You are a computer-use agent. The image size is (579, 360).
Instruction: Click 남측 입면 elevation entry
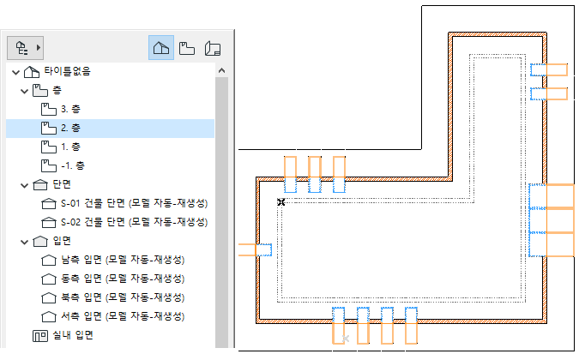pos(124,260)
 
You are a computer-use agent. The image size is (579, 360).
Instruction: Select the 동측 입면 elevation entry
pos(124,279)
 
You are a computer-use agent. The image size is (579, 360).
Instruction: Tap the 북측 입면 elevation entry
pos(124,297)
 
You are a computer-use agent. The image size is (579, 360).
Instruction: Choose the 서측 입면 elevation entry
pos(124,316)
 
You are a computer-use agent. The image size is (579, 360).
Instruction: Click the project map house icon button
pos(160,48)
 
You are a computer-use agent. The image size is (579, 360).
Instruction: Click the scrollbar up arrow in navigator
pos(220,71)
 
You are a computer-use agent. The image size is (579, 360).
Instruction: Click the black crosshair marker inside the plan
pos(280,201)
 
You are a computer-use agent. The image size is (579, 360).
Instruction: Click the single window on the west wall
pos(255,249)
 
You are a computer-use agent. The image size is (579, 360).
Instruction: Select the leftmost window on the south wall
pos(338,326)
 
